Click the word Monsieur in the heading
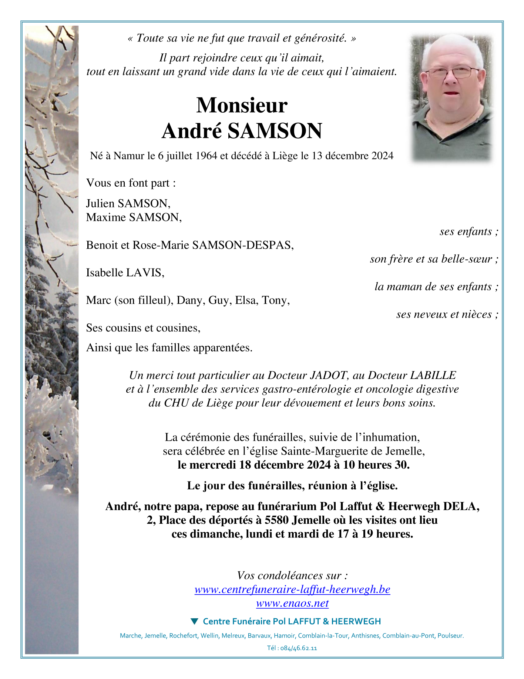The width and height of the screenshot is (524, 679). click(242, 106)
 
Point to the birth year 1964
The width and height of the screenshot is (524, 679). click(206, 156)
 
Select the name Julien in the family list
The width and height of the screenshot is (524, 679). click(100, 203)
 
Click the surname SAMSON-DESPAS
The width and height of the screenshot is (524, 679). click(243, 245)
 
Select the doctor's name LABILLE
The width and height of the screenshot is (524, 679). click(433, 376)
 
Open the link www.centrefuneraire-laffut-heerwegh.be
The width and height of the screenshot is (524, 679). click(292, 589)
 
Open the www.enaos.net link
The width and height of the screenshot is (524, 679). click(292, 603)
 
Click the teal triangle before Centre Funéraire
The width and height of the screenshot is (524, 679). click(194, 621)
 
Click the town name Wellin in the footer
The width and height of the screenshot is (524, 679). click(209, 636)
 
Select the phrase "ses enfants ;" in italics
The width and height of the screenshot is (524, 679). click(468, 232)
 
